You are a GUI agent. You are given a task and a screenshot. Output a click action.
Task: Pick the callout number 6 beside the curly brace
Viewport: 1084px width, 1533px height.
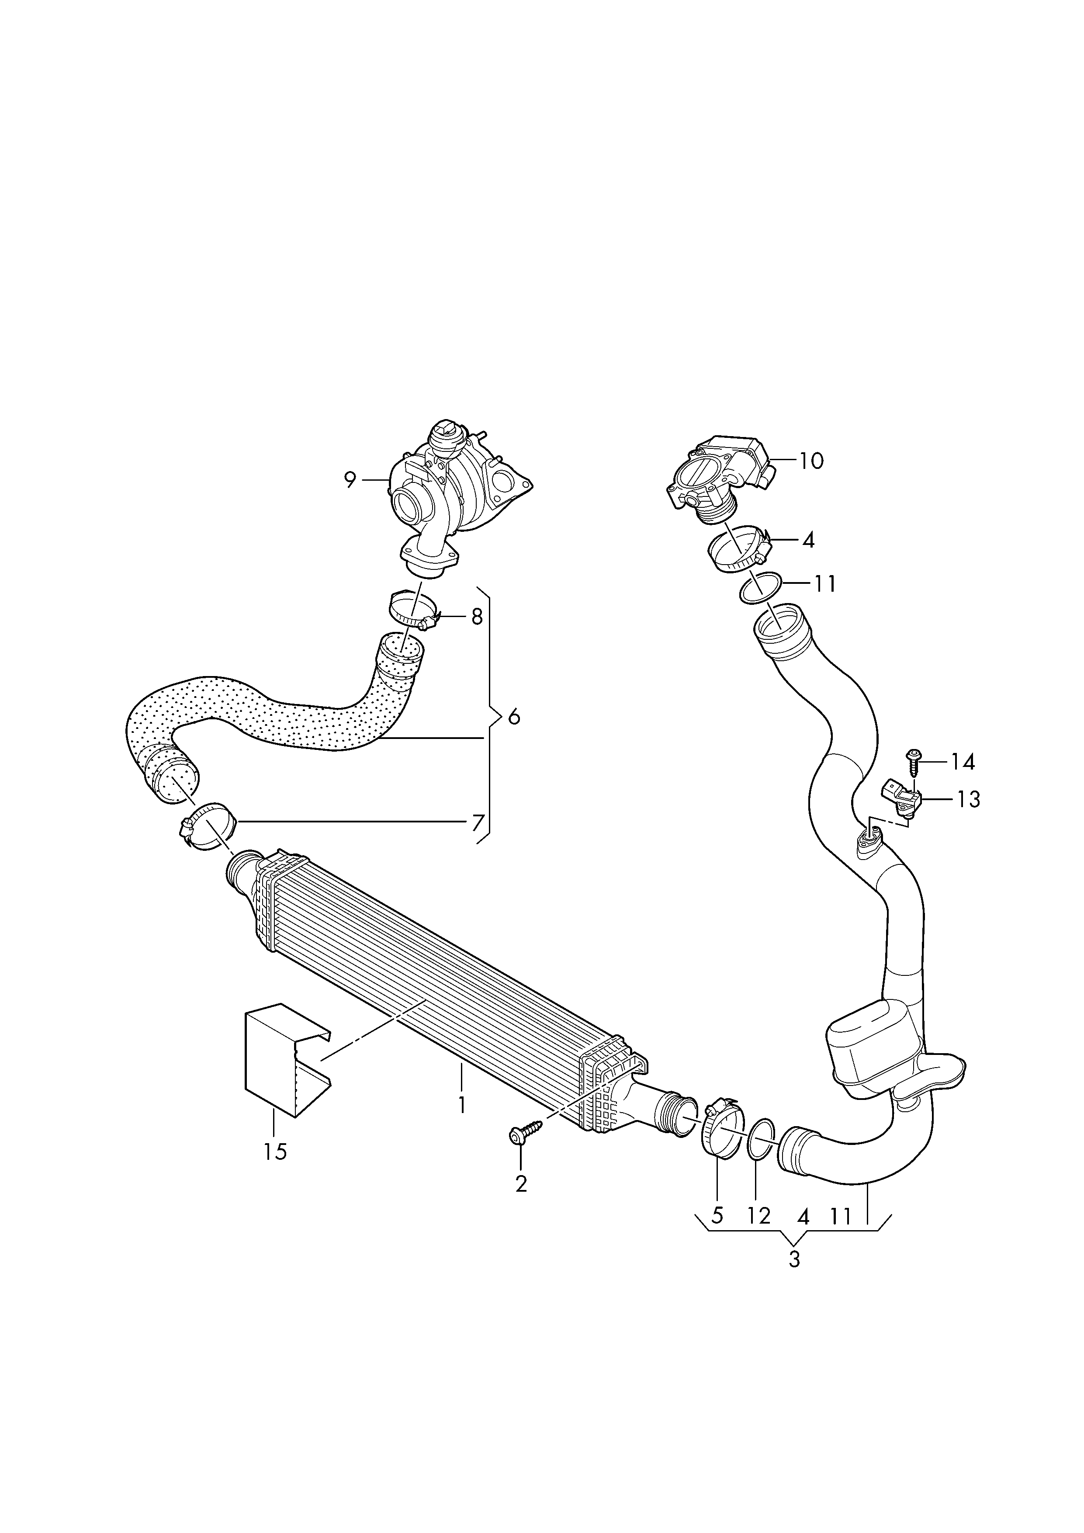point(513,717)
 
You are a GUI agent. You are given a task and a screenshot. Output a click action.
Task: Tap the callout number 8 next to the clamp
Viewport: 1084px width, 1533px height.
point(477,616)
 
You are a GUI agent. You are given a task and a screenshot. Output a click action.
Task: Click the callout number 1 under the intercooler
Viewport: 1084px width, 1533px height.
point(461,1104)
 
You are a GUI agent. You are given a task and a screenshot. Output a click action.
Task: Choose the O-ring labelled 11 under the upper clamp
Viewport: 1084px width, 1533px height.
point(760,586)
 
